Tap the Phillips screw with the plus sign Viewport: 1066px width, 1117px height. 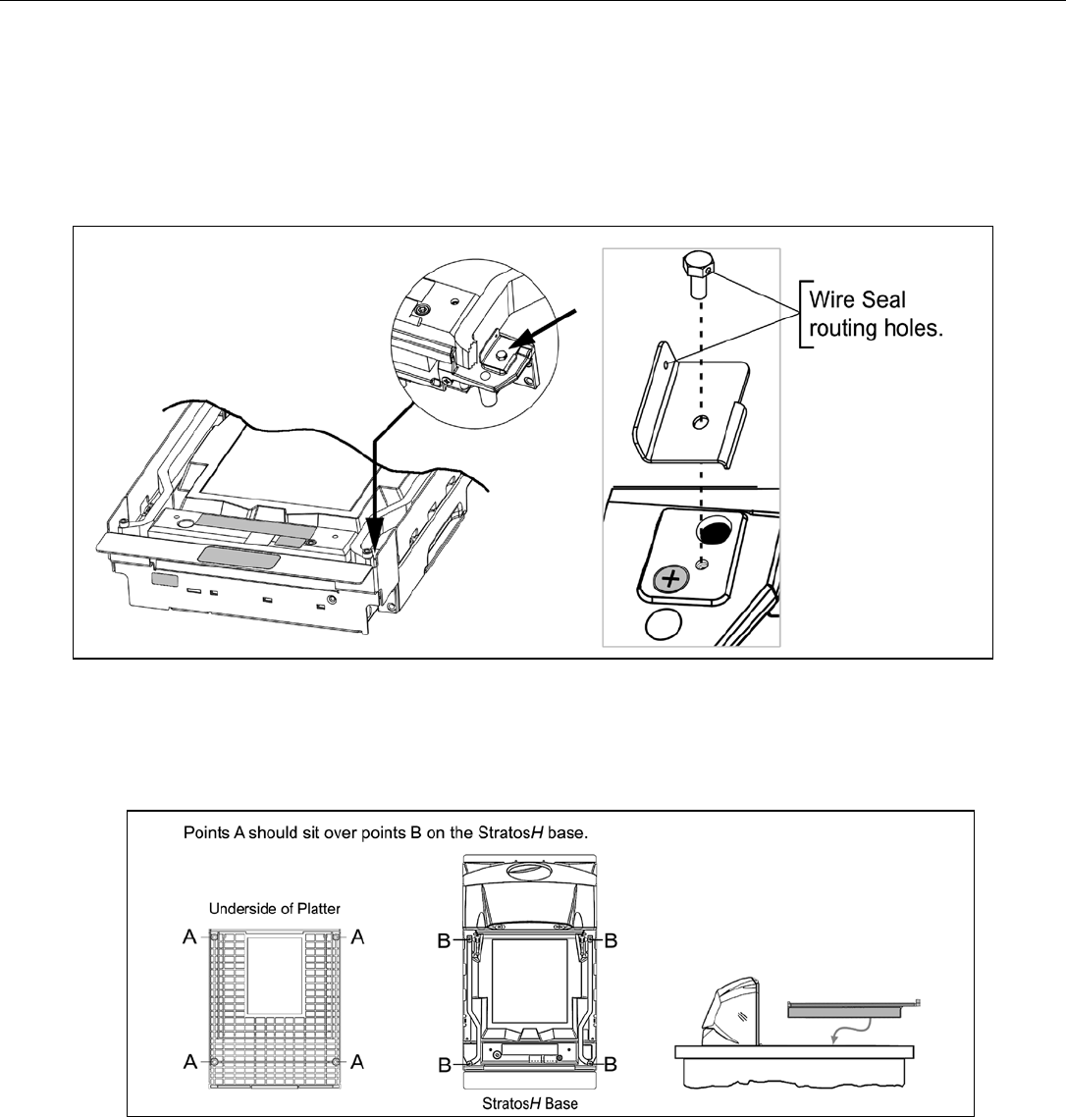pos(670,579)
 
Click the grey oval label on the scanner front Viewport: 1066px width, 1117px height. pos(239,558)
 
